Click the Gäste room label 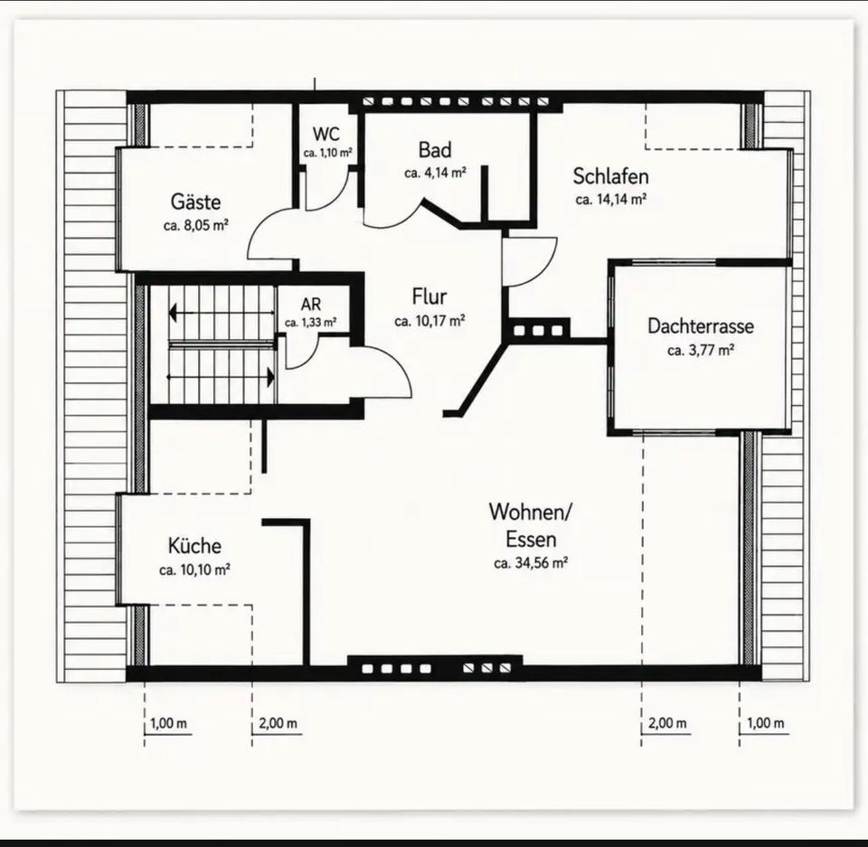pos(195,202)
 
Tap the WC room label pos(326,134)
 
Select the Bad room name pos(435,149)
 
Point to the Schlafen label pos(610,176)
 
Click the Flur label pos(429,296)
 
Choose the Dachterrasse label pos(700,325)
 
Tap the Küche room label pos(194,546)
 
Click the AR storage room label pos(310,304)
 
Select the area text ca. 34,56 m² pos(531,563)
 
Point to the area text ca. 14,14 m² pos(611,199)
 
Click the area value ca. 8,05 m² pos(196,225)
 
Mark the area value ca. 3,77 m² pos(700,350)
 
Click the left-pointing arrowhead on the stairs pos(173,313)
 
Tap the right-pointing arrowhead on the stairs pos(270,378)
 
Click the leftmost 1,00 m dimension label pos(168,723)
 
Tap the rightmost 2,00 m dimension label pos(667,723)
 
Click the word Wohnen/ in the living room pos(531,512)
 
